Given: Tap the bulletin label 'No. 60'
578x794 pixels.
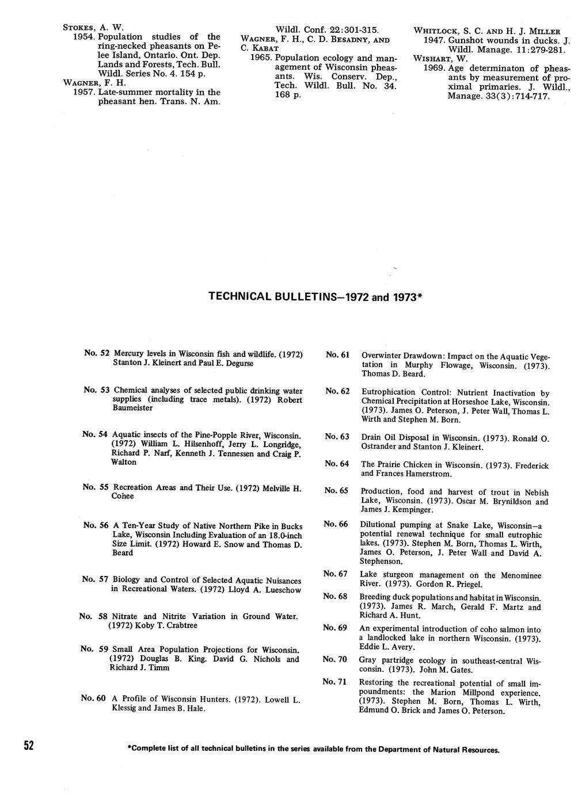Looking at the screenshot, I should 93,698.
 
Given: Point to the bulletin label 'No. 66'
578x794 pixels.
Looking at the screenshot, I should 336,524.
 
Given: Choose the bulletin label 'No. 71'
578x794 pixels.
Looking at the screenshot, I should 334,682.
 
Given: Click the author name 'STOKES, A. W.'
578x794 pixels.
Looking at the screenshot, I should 93,27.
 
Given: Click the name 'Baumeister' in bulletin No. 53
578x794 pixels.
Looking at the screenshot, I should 132,408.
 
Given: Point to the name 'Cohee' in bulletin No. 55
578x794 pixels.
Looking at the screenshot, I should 123,496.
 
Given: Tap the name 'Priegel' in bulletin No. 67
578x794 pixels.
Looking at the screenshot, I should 457,584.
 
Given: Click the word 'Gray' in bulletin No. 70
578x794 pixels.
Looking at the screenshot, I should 367,660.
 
